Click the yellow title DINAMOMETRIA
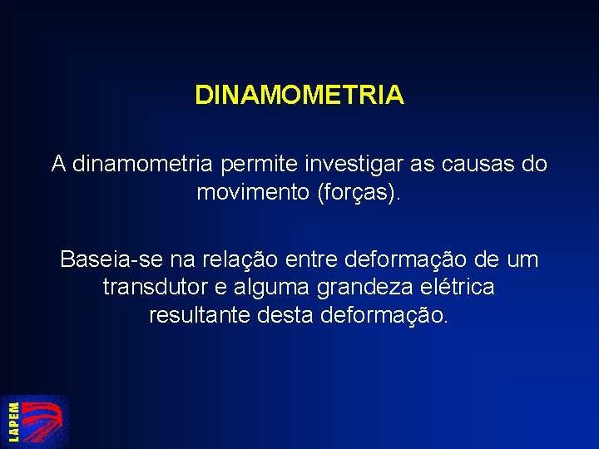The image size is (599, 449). click(299, 95)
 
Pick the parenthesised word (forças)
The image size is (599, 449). click(359, 193)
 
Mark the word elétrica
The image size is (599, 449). click(460, 288)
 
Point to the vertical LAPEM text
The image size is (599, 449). click(13, 421)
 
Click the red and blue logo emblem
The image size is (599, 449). click(47, 422)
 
